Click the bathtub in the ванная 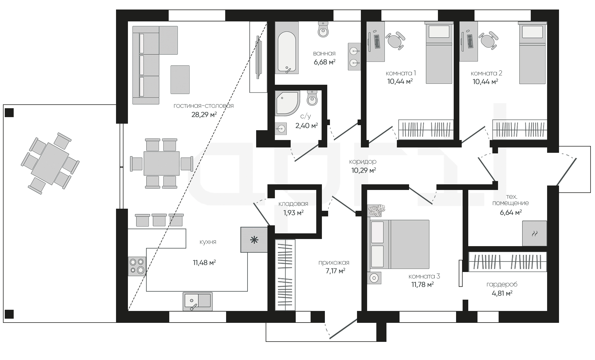(x=286, y=48)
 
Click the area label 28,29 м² (x=204, y=114)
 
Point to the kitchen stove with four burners (x=137, y=266)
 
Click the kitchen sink (x=198, y=301)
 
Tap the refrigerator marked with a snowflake (x=254, y=240)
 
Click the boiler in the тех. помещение (x=535, y=233)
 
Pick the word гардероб (x=502, y=284)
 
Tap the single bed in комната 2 (x=533, y=53)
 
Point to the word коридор (x=363, y=162)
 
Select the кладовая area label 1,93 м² (x=293, y=213)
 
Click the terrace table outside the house (x=50, y=164)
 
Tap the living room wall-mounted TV (x=259, y=57)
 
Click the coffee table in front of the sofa (x=180, y=80)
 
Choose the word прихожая (x=334, y=263)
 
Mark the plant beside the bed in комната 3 (x=377, y=210)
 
